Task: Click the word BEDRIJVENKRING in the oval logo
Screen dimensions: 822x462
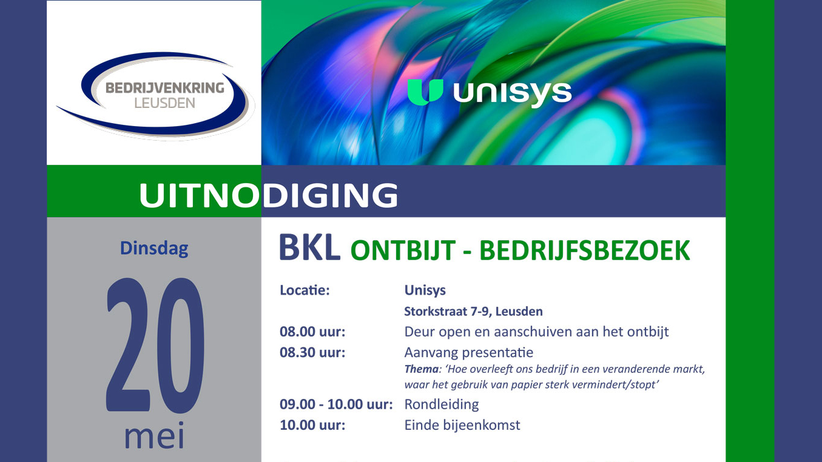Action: [x=165, y=88]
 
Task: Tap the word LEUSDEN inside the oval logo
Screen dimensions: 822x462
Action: [x=165, y=104]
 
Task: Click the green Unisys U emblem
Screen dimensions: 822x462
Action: [x=425, y=92]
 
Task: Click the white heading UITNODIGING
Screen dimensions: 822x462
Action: [x=269, y=195]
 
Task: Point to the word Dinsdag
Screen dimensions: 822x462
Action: [x=154, y=249]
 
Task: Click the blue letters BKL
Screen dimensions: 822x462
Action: [x=310, y=248]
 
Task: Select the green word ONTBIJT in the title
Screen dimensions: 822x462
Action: [x=403, y=251]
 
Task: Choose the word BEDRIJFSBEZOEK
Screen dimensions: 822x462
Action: [x=585, y=251]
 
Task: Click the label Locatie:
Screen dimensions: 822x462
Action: [x=305, y=290]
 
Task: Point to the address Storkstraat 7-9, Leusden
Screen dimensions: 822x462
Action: [x=473, y=311]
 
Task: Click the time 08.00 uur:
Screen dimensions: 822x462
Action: [x=312, y=332]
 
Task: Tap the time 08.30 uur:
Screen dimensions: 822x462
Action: [x=312, y=353]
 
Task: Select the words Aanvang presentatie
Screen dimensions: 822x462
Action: [x=468, y=353]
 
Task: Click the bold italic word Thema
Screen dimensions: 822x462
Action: [x=421, y=369]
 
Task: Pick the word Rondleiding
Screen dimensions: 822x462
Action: [x=442, y=404]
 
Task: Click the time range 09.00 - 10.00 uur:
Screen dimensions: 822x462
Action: [x=336, y=404]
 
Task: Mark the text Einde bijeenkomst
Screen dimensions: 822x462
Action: [x=462, y=426]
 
